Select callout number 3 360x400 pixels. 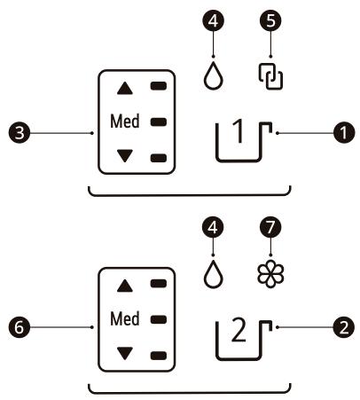(17, 132)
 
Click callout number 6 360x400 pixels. (17, 328)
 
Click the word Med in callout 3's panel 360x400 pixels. (124, 122)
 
